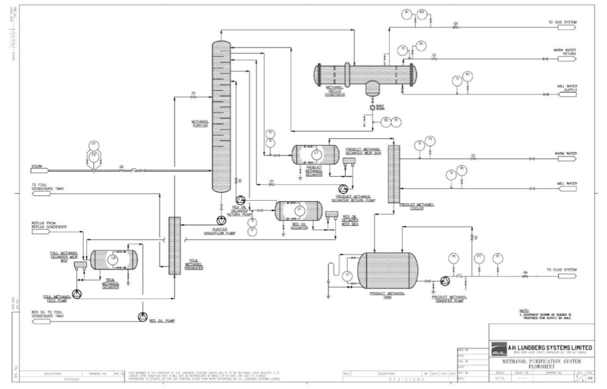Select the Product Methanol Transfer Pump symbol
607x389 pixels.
(x=445, y=281)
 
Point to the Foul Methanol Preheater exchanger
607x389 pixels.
(x=174, y=246)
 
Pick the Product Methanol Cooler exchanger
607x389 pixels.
(x=393, y=173)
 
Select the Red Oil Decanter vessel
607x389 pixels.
(x=297, y=212)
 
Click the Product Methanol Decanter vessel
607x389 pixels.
(x=315, y=154)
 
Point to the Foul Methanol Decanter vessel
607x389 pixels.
(x=114, y=260)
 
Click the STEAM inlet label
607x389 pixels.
(x=37, y=168)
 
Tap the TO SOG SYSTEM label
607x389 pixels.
(x=561, y=23)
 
